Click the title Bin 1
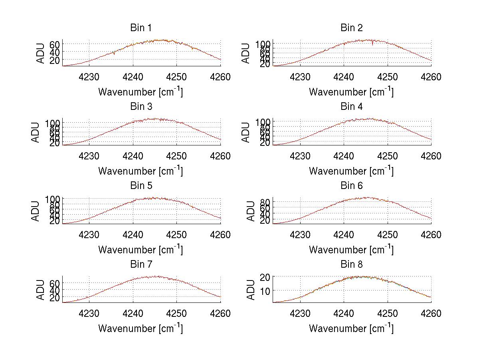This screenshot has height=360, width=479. [x=141, y=28]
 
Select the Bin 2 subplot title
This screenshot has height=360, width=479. [x=352, y=28]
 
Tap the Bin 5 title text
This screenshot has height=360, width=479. [x=141, y=186]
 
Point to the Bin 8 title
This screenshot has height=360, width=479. [x=352, y=265]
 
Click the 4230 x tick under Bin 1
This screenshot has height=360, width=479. [x=89, y=77]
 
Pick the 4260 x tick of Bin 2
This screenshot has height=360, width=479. [x=431, y=77]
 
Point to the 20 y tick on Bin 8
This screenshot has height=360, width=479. [x=265, y=277]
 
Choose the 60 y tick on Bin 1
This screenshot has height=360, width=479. [x=55, y=44]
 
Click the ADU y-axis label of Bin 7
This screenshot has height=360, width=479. [x=41, y=290]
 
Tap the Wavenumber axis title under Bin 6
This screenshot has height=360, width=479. [x=351, y=250]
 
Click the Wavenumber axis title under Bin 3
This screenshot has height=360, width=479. [x=141, y=171]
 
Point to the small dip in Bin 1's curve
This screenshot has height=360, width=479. [x=114, y=54]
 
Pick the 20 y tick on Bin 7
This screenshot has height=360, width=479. [x=55, y=298]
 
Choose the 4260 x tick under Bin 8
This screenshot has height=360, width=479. [x=431, y=314]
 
